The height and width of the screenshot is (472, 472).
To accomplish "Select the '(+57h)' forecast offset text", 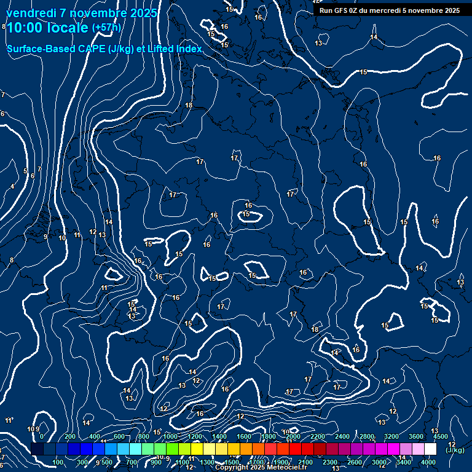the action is (106, 28).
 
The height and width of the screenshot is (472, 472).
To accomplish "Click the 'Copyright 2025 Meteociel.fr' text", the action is (261, 468).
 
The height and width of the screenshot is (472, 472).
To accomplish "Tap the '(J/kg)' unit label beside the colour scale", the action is (455, 450).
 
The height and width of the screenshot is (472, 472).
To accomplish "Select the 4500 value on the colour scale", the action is (440, 436).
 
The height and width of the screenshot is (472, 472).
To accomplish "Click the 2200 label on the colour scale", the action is (317, 436).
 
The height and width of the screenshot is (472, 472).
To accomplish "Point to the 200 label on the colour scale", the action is (70, 436).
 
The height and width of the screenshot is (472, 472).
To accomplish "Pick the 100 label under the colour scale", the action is (58, 462).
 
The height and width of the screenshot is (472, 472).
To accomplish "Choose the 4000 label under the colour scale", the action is (428, 462).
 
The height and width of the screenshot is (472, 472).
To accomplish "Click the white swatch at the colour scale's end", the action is (430, 449).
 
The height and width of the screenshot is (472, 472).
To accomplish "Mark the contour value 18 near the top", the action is (189, 106).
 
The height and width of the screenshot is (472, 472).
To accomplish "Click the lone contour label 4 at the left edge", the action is (12, 186).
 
